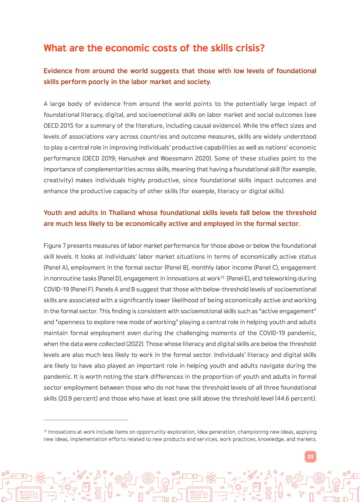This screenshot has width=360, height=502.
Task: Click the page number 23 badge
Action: tap(310, 457)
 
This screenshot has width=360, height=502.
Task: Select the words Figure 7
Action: tap(53, 246)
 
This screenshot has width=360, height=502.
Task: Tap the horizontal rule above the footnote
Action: tap(86, 420)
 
